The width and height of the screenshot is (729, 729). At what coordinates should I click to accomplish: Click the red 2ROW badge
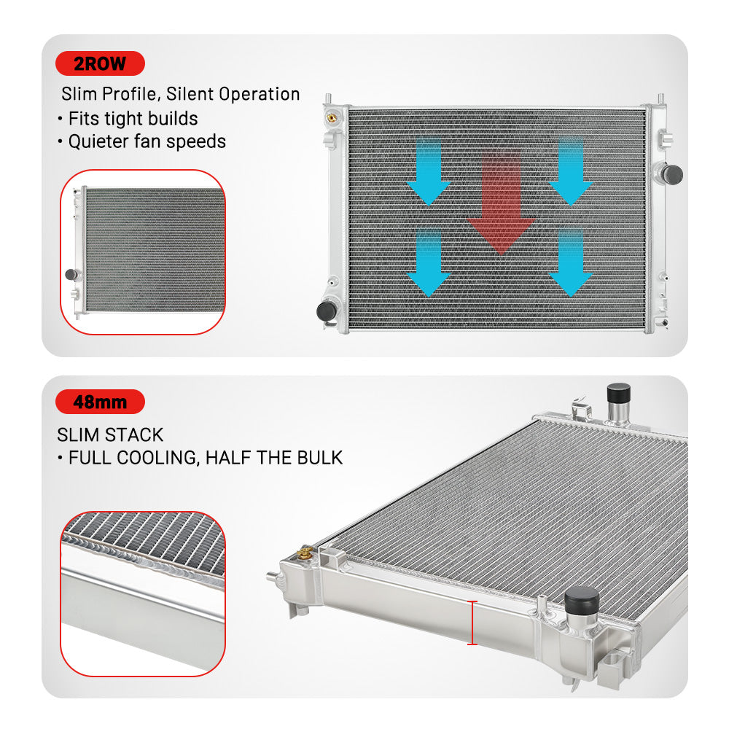coord(100,63)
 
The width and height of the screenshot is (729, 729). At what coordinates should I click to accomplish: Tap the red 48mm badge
coord(100,402)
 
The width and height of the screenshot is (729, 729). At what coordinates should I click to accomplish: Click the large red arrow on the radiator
coord(502,203)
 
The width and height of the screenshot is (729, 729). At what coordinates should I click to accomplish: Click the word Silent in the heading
coord(191,94)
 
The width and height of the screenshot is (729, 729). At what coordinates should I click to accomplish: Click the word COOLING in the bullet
coord(158,459)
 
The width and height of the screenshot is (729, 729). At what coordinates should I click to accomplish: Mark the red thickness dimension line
coord(472,623)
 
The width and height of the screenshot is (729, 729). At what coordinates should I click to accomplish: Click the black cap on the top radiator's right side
coord(672,174)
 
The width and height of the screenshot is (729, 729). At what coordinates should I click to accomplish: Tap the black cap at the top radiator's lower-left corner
coord(327,311)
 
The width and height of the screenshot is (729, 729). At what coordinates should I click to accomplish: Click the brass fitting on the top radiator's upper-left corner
coord(332,117)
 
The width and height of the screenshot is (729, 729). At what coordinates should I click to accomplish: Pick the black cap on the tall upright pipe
coord(619,394)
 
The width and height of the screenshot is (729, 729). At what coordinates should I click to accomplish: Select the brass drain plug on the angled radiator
coord(305,553)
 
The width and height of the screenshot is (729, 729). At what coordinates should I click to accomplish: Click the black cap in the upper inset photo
coord(71,274)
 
